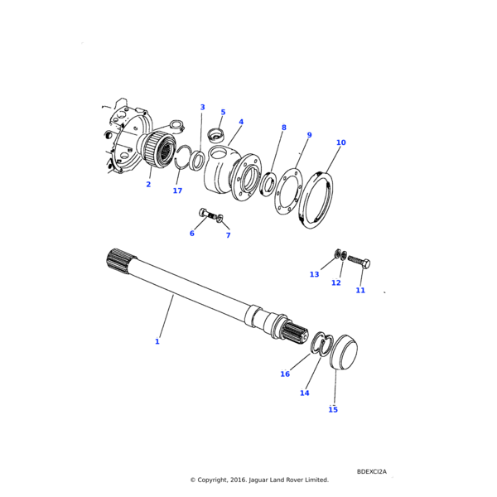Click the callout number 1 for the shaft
tap(157, 341)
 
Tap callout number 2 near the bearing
tap(148, 185)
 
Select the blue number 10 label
tap(340, 142)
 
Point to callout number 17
tap(177, 191)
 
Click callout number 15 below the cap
tap(333, 409)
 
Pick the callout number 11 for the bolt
tap(360, 291)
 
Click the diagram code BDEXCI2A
tap(372, 471)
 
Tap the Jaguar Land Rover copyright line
tap(259, 480)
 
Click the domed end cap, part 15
tap(343, 351)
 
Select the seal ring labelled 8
tap(268, 183)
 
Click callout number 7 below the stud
tap(228, 235)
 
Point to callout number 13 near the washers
tap(314, 274)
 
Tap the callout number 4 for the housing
tap(241, 123)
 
